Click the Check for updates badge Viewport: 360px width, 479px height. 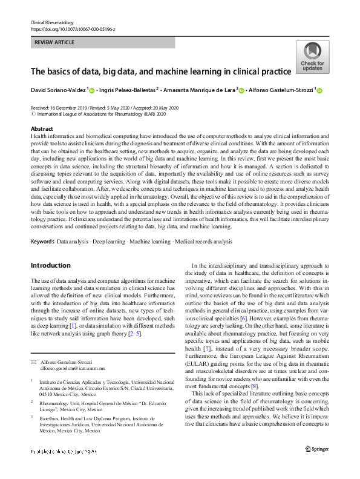(312, 58)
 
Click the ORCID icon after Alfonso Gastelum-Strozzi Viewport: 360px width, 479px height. (321, 91)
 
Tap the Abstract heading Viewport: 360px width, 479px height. (41, 130)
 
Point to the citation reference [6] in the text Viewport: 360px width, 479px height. (241, 319)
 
